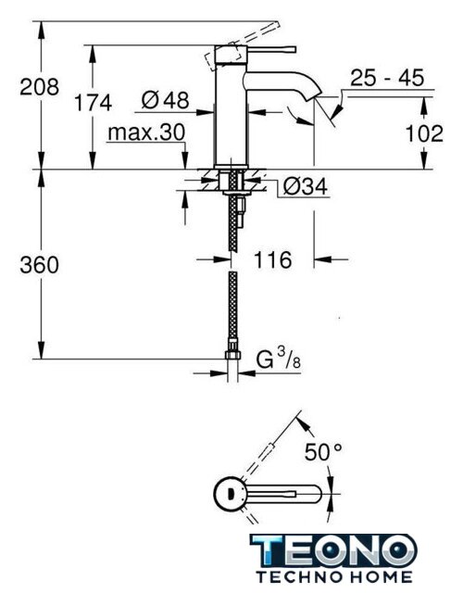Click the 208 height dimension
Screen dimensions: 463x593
[39, 87]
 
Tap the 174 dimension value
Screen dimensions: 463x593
[93, 103]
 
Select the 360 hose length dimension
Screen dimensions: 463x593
[39, 264]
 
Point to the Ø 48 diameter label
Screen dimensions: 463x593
[165, 100]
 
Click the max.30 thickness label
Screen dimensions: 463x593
[146, 132]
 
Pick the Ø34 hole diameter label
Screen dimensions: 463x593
[306, 186]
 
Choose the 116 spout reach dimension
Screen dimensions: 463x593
[272, 259]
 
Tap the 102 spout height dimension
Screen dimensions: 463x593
[424, 133]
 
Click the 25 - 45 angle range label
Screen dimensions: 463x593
[387, 78]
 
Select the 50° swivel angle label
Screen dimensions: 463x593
[323, 451]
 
